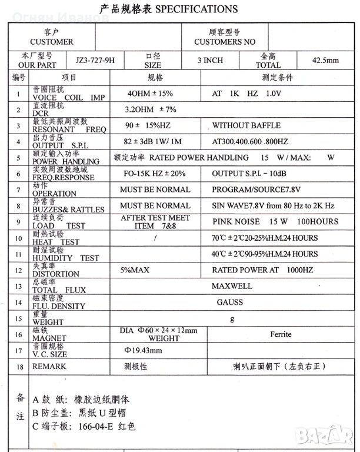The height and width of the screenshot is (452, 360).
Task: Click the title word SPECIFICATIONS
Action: coord(196,9)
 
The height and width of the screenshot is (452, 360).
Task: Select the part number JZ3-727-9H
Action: coord(95,60)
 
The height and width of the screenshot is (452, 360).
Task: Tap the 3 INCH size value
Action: coord(210,60)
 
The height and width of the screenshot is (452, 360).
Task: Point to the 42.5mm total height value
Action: coord(326,60)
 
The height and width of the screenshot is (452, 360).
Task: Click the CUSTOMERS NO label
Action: coord(225,42)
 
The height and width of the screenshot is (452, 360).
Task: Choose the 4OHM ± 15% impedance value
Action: coord(150,94)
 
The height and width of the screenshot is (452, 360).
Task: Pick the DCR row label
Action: coord(41,113)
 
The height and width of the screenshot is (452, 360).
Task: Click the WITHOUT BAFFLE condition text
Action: coord(246,125)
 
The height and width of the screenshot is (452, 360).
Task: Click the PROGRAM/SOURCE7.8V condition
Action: coord(256,190)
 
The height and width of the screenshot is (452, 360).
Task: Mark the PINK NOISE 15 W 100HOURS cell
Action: coord(275,221)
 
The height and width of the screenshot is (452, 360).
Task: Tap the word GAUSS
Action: coord(229,302)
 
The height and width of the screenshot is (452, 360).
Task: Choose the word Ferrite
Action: coord(281,334)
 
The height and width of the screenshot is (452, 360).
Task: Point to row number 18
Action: coord(19,366)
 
